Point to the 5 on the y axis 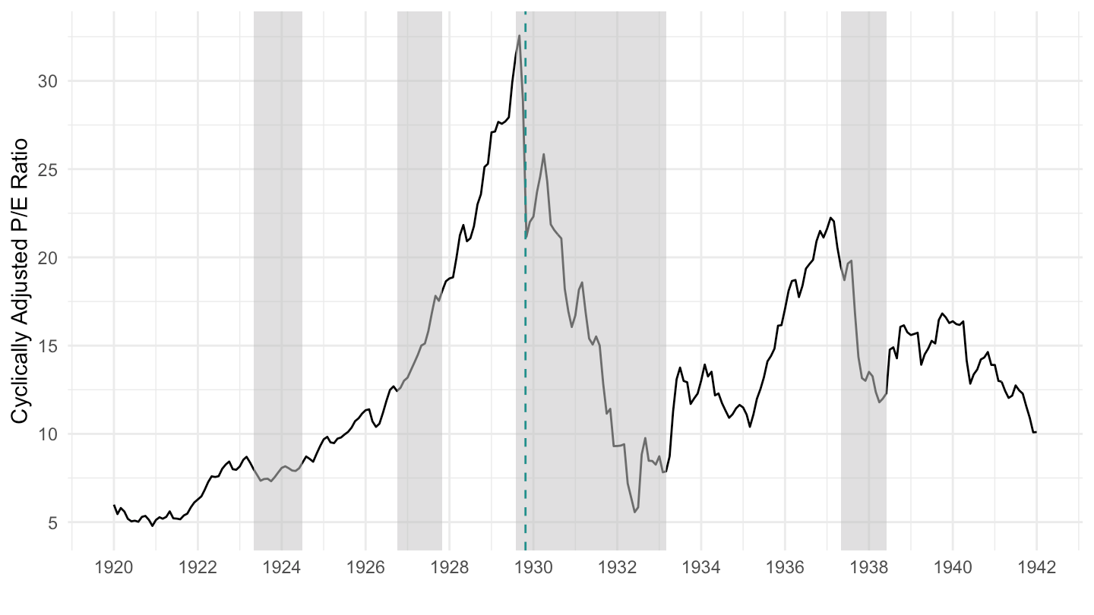tap(52, 522)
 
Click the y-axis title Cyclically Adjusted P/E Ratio tap(21, 282)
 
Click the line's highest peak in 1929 tap(520, 35)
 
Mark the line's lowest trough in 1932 tap(634, 512)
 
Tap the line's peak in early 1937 tap(830, 218)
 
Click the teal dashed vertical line tap(526, 304)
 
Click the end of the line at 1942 tap(1036, 432)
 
